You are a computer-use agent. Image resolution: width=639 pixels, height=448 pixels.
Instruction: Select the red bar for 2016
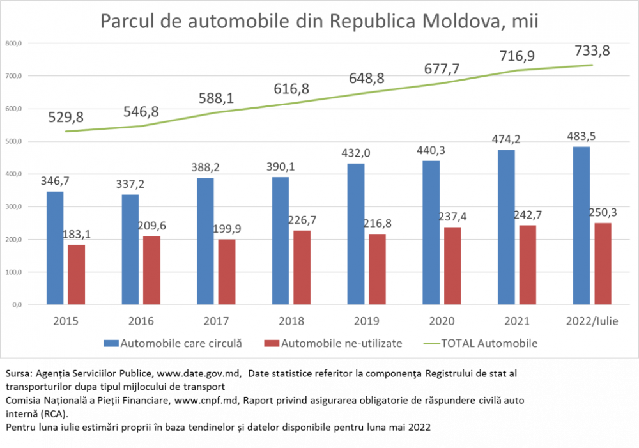pos(151,270)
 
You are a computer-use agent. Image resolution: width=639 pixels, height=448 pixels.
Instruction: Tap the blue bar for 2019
pos(356,234)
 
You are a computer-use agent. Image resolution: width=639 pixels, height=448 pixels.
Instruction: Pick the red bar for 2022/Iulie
pos(603,263)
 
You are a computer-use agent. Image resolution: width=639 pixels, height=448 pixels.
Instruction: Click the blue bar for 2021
pos(506,227)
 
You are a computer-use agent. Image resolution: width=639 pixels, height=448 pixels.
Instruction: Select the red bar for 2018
pos(302,267)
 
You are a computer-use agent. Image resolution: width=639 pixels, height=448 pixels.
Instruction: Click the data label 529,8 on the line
pos(66,118)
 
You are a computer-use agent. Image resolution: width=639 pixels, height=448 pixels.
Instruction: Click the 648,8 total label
pos(367,79)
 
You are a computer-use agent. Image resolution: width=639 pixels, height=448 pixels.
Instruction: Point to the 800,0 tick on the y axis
pos(14,43)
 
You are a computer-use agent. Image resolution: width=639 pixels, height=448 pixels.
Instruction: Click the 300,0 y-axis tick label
pos(14,206)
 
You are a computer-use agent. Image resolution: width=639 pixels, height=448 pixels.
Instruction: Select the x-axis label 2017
pos(216,321)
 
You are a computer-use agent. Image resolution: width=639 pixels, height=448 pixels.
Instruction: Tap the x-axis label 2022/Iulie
pos(591,321)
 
